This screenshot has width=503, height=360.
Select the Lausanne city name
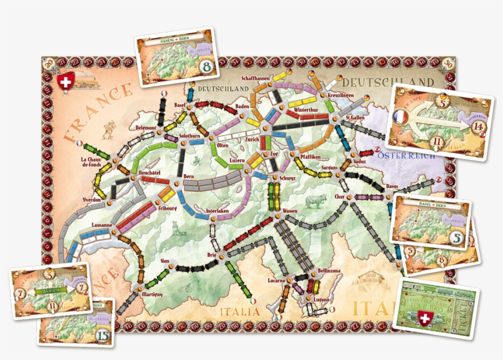[x=102, y=226]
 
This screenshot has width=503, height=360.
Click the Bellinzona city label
[x=317, y=270]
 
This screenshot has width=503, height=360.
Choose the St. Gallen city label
[x=356, y=118]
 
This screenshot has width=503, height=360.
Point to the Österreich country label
[x=408, y=156]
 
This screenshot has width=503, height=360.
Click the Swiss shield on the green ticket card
[x=423, y=318]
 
